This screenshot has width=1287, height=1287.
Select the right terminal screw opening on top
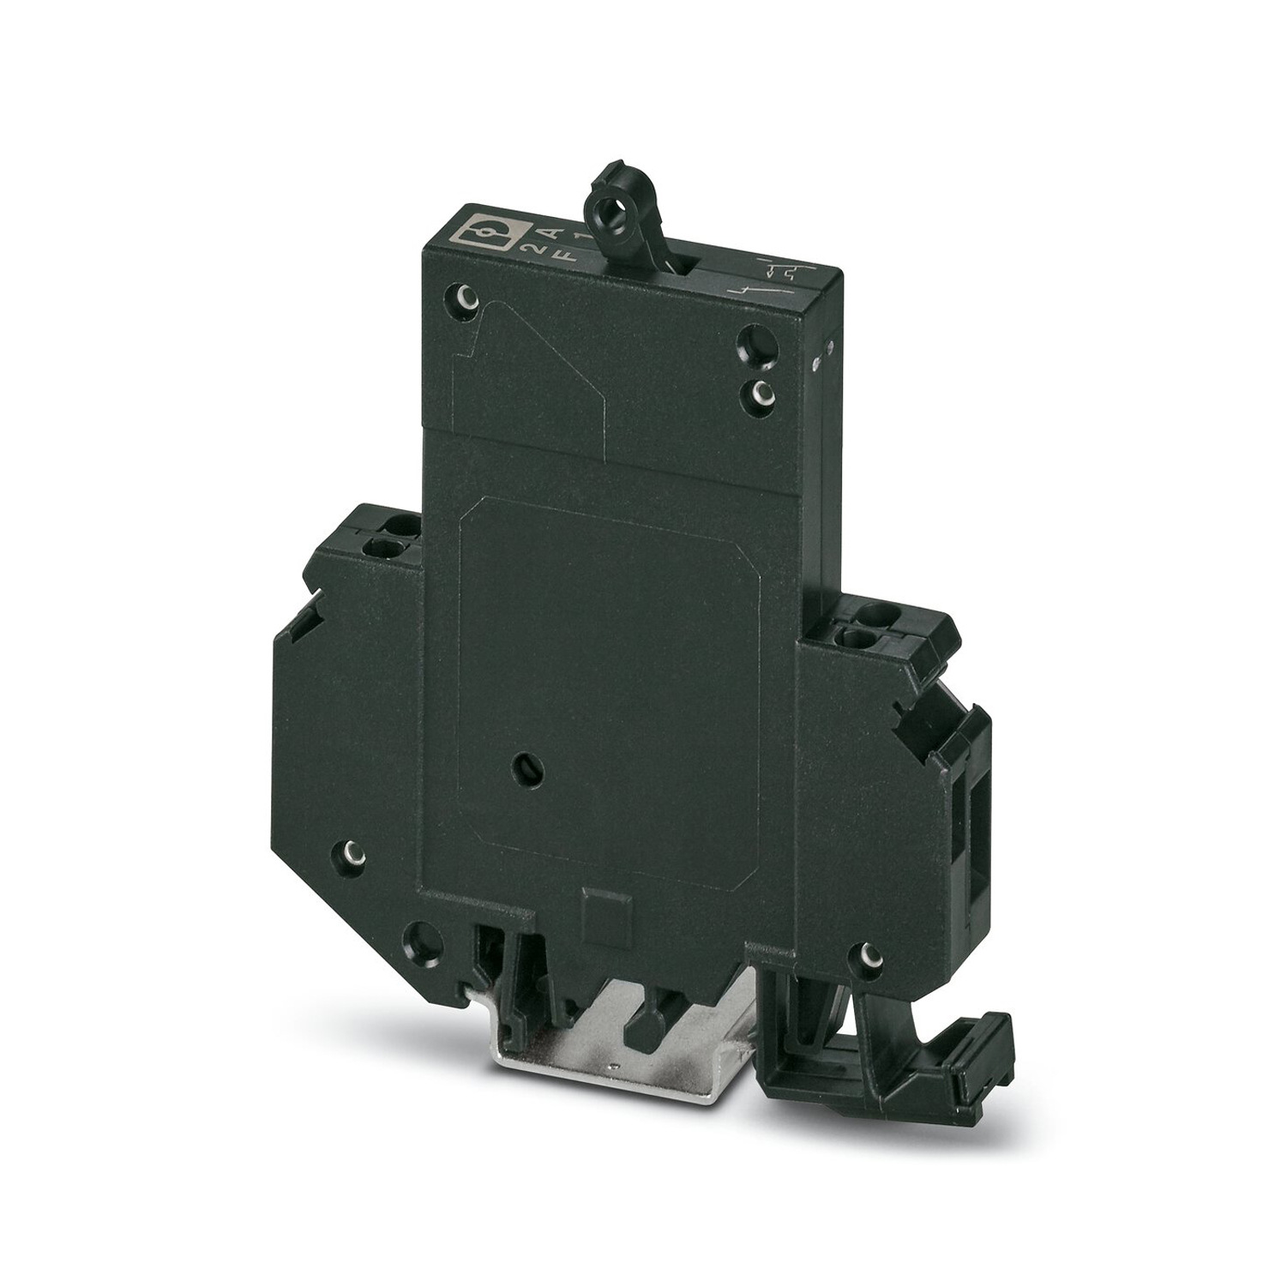pyautogui.click(x=862, y=634)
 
